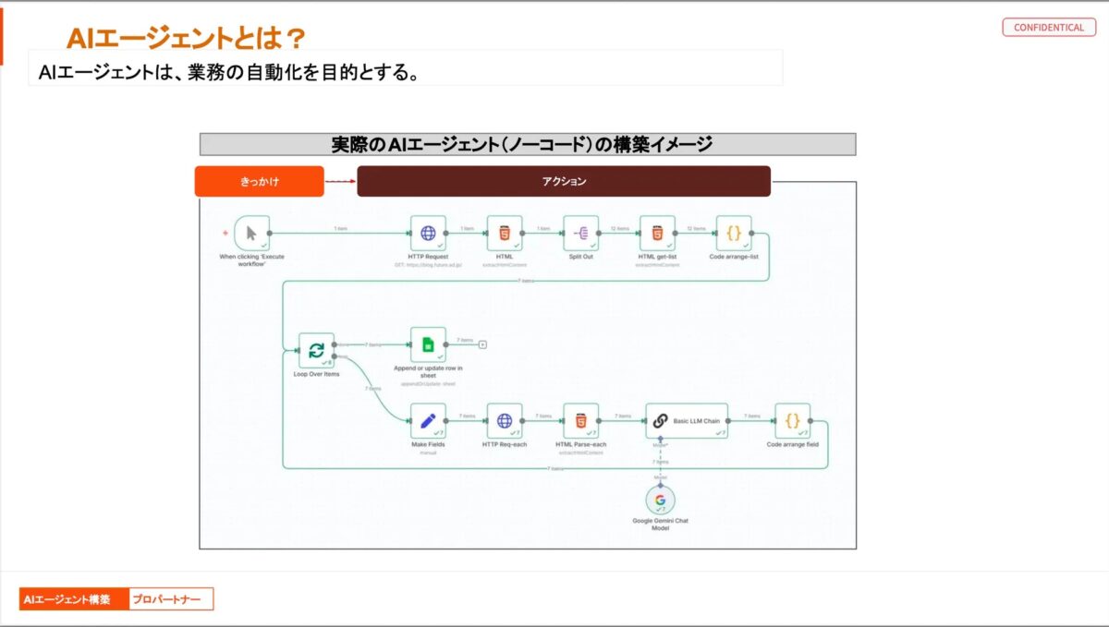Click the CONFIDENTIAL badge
(x=1048, y=28)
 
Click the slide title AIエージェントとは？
(x=186, y=38)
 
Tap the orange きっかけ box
(x=259, y=182)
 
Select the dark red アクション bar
(x=564, y=182)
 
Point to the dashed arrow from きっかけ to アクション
(x=340, y=182)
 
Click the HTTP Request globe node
(x=428, y=234)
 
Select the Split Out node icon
(x=581, y=234)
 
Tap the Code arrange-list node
(x=734, y=234)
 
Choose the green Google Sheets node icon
(x=428, y=344)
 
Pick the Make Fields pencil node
(x=428, y=421)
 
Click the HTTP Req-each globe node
(x=505, y=421)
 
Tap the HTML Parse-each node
(x=581, y=421)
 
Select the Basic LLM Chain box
(x=687, y=421)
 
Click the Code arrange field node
(x=792, y=421)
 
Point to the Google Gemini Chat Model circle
(x=660, y=500)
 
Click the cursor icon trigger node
(x=252, y=234)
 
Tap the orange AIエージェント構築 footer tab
(x=73, y=599)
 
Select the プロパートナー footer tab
(x=171, y=599)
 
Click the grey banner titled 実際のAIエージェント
(x=528, y=144)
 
